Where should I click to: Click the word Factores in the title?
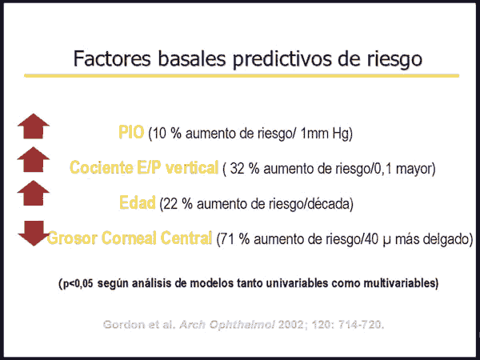pos(112,58)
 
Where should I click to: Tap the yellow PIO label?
pos(131,132)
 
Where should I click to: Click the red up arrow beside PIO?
pos(34,126)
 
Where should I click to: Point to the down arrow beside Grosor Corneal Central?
pos(34,234)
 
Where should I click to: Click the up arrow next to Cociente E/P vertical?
pos(34,159)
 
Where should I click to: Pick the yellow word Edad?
pos(137,202)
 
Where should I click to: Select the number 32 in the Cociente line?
pos(237,168)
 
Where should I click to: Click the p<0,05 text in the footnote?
pos(77,283)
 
